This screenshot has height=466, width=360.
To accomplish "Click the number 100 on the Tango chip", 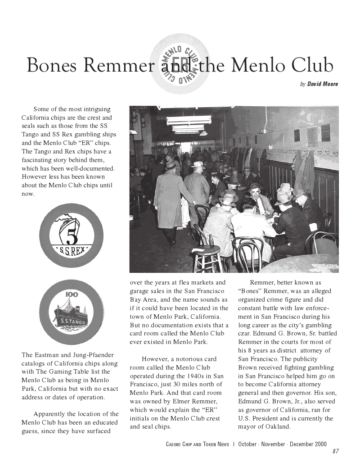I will [x=72, y=294].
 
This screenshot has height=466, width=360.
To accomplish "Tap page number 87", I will [x=336, y=452].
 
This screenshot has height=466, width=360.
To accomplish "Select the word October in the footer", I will [x=247, y=444].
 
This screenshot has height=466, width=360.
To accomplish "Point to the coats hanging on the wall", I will [x=304, y=171].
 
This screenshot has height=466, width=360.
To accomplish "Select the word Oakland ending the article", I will [x=276, y=427].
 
